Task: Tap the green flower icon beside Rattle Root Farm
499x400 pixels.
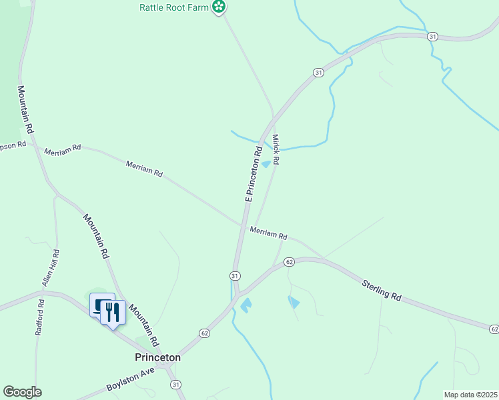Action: [x=218, y=7]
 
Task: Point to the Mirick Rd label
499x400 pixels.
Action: [x=275, y=150]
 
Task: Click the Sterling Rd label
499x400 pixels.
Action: [x=382, y=290]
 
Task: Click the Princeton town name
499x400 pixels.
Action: [x=157, y=357]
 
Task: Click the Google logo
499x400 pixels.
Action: [x=22, y=392]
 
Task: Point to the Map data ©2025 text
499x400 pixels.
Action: [x=470, y=394]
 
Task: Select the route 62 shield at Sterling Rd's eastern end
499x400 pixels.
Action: [x=493, y=329]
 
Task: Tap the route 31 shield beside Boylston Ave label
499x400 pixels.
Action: [x=175, y=384]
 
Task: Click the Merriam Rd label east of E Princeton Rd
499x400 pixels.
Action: [x=268, y=233]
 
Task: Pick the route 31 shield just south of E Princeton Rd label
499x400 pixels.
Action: [x=235, y=275]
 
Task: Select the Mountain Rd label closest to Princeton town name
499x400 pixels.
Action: [x=143, y=325]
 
